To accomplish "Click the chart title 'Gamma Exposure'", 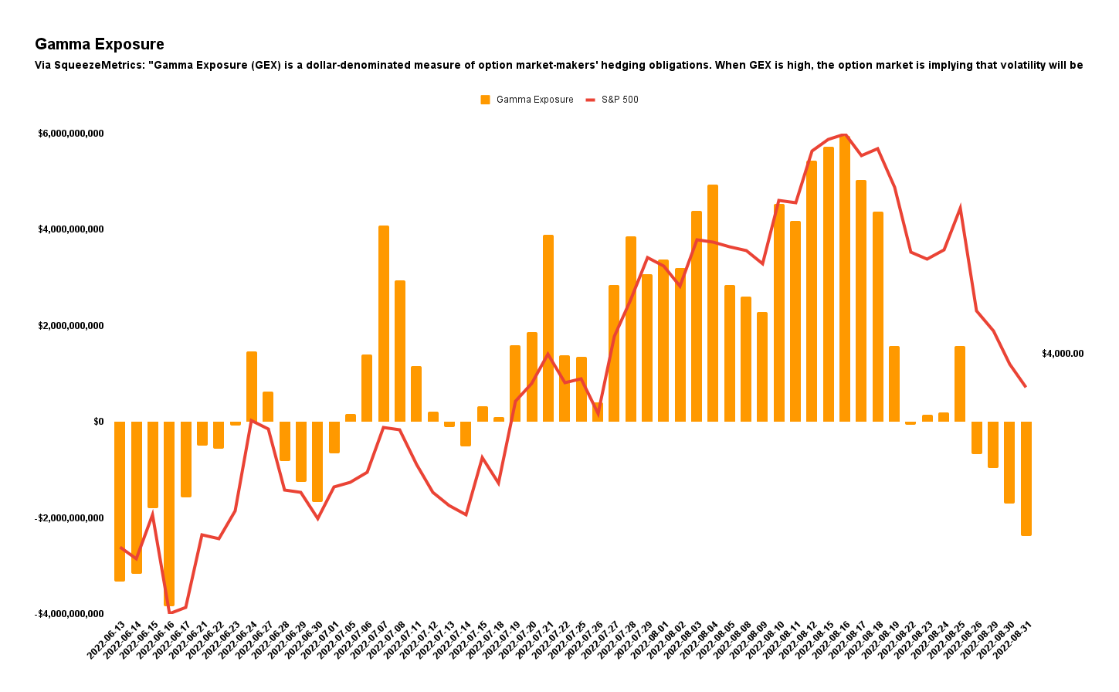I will click(x=100, y=45).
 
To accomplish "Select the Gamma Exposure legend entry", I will click(x=527, y=100).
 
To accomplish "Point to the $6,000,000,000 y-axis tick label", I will click(x=71, y=134).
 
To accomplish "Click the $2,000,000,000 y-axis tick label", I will click(x=71, y=326).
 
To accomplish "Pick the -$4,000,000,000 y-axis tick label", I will click(x=70, y=614).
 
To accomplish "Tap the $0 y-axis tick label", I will click(x=98, y=422).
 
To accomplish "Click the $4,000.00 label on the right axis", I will click(x=1062, y=354).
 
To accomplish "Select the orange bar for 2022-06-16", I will click(x=169, y=514).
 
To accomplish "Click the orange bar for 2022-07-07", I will click(x=384, y=324).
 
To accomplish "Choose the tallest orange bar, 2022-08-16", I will click(x=845, y=278).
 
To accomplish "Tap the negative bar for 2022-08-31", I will click(x=1026, y=479).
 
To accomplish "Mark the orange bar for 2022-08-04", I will click(x=713, y=304).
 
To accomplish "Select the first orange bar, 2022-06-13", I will click(x=120, y=502).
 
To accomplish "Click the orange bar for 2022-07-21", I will click(x=548, y=328).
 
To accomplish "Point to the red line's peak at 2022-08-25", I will click(x=960, y=208).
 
